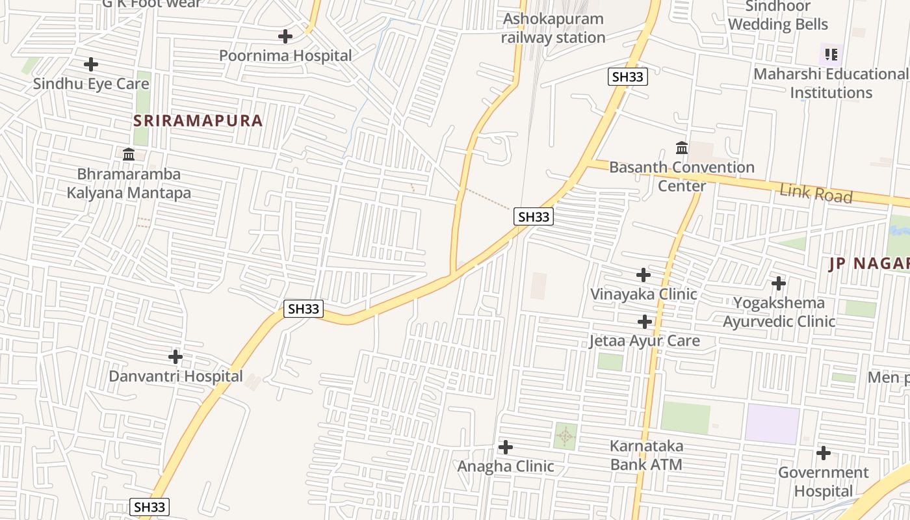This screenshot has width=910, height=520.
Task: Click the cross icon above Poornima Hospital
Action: pos(285,36)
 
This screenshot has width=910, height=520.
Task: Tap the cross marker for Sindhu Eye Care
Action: pos(91,64)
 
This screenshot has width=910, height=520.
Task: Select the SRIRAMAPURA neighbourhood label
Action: pos(198,121)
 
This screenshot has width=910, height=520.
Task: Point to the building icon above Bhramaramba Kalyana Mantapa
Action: pos(129,155)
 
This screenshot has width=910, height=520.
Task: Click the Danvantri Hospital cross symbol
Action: pos(175,357)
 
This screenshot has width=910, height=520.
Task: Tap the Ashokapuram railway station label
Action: pos(554,28)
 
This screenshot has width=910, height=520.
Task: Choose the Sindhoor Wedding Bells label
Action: pos(778,16)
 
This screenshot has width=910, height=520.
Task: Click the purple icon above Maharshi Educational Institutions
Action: pos(831,55)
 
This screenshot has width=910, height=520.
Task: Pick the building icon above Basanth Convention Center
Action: pos(682,148)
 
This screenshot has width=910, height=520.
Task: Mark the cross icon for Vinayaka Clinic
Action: pos(643,275)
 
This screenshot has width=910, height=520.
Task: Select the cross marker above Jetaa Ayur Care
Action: pos(644,322)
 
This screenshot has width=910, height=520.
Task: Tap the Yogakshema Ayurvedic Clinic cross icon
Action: pos(778,283)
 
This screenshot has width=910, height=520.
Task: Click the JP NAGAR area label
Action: pos(868,264)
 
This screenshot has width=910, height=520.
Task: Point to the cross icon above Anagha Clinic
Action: pos(505,447)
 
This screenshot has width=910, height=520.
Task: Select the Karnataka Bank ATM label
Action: pos(646,455)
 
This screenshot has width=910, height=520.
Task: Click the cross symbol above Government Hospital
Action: pos(823,453)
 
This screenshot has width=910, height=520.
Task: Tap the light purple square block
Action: pos(772,424)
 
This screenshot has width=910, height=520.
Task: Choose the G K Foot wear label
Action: pos(152,4)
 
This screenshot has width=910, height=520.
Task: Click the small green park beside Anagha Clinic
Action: pos(565,435)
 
